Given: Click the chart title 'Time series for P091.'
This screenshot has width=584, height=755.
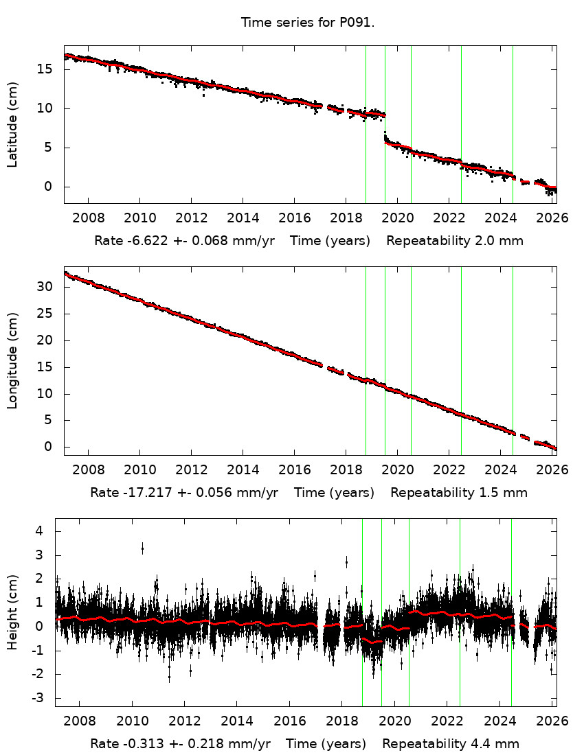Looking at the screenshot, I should point(307,23).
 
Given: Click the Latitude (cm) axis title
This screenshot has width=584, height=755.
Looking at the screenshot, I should point(12,124).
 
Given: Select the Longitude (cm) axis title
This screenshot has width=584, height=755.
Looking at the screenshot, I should point(12,360).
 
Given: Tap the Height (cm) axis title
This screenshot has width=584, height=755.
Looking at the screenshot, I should point(12,612).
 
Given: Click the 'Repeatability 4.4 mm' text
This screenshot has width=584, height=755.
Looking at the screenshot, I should point(451,744).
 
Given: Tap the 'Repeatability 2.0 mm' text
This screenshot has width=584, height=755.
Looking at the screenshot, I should point(455,241).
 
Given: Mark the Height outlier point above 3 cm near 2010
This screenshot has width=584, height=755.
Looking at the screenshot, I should point(142,548).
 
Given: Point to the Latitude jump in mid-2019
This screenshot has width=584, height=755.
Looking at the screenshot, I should point(385,124).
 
